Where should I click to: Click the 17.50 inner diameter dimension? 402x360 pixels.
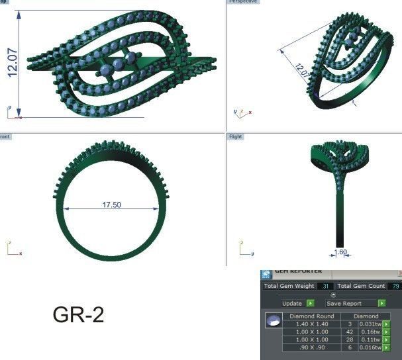pos(111,205)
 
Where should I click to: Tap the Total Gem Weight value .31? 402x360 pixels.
pos(325,286)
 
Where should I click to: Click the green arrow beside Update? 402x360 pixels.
pos(311,303)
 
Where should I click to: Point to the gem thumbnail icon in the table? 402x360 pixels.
pos(272,321)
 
